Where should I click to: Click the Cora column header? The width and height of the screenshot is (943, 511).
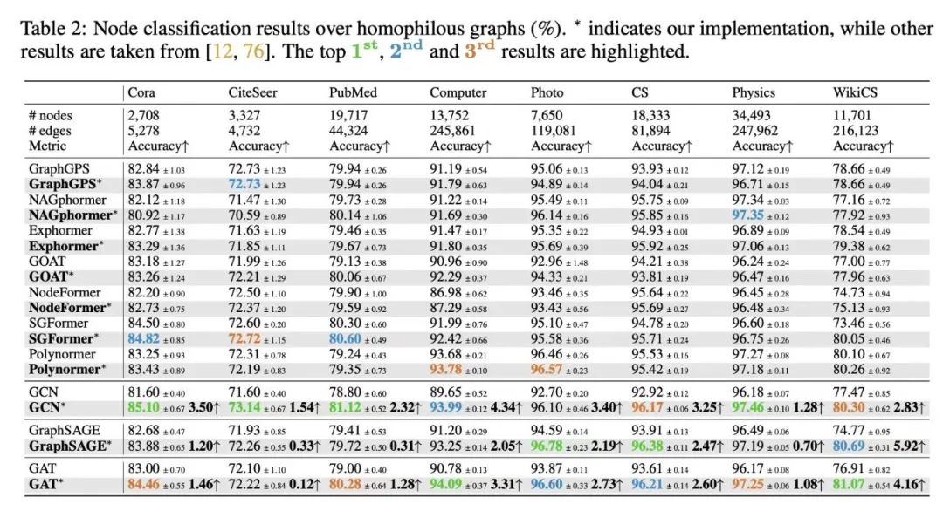pos(142,92)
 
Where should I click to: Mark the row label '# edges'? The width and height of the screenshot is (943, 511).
pos(52,131)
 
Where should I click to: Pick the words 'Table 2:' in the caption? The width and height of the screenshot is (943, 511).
pos(52,29)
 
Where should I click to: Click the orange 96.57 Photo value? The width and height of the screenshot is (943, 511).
pos(549,369)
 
